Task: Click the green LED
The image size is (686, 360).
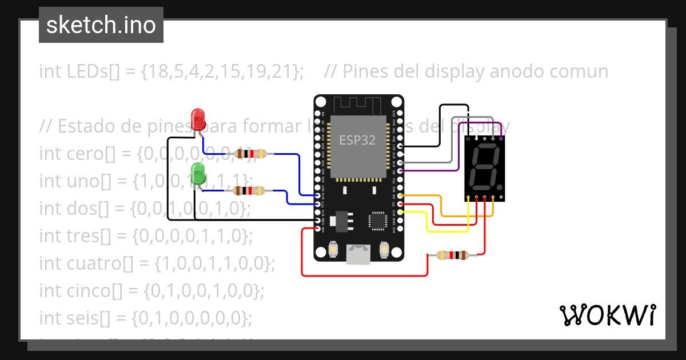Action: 198,172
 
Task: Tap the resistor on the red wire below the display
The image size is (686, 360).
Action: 452,255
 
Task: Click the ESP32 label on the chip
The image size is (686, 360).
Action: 357,140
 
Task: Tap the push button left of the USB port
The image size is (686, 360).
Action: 334,250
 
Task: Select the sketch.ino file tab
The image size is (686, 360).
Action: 101,25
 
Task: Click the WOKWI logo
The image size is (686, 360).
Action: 607,315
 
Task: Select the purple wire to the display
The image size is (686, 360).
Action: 457,170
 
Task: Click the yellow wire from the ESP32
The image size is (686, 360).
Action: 446,231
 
